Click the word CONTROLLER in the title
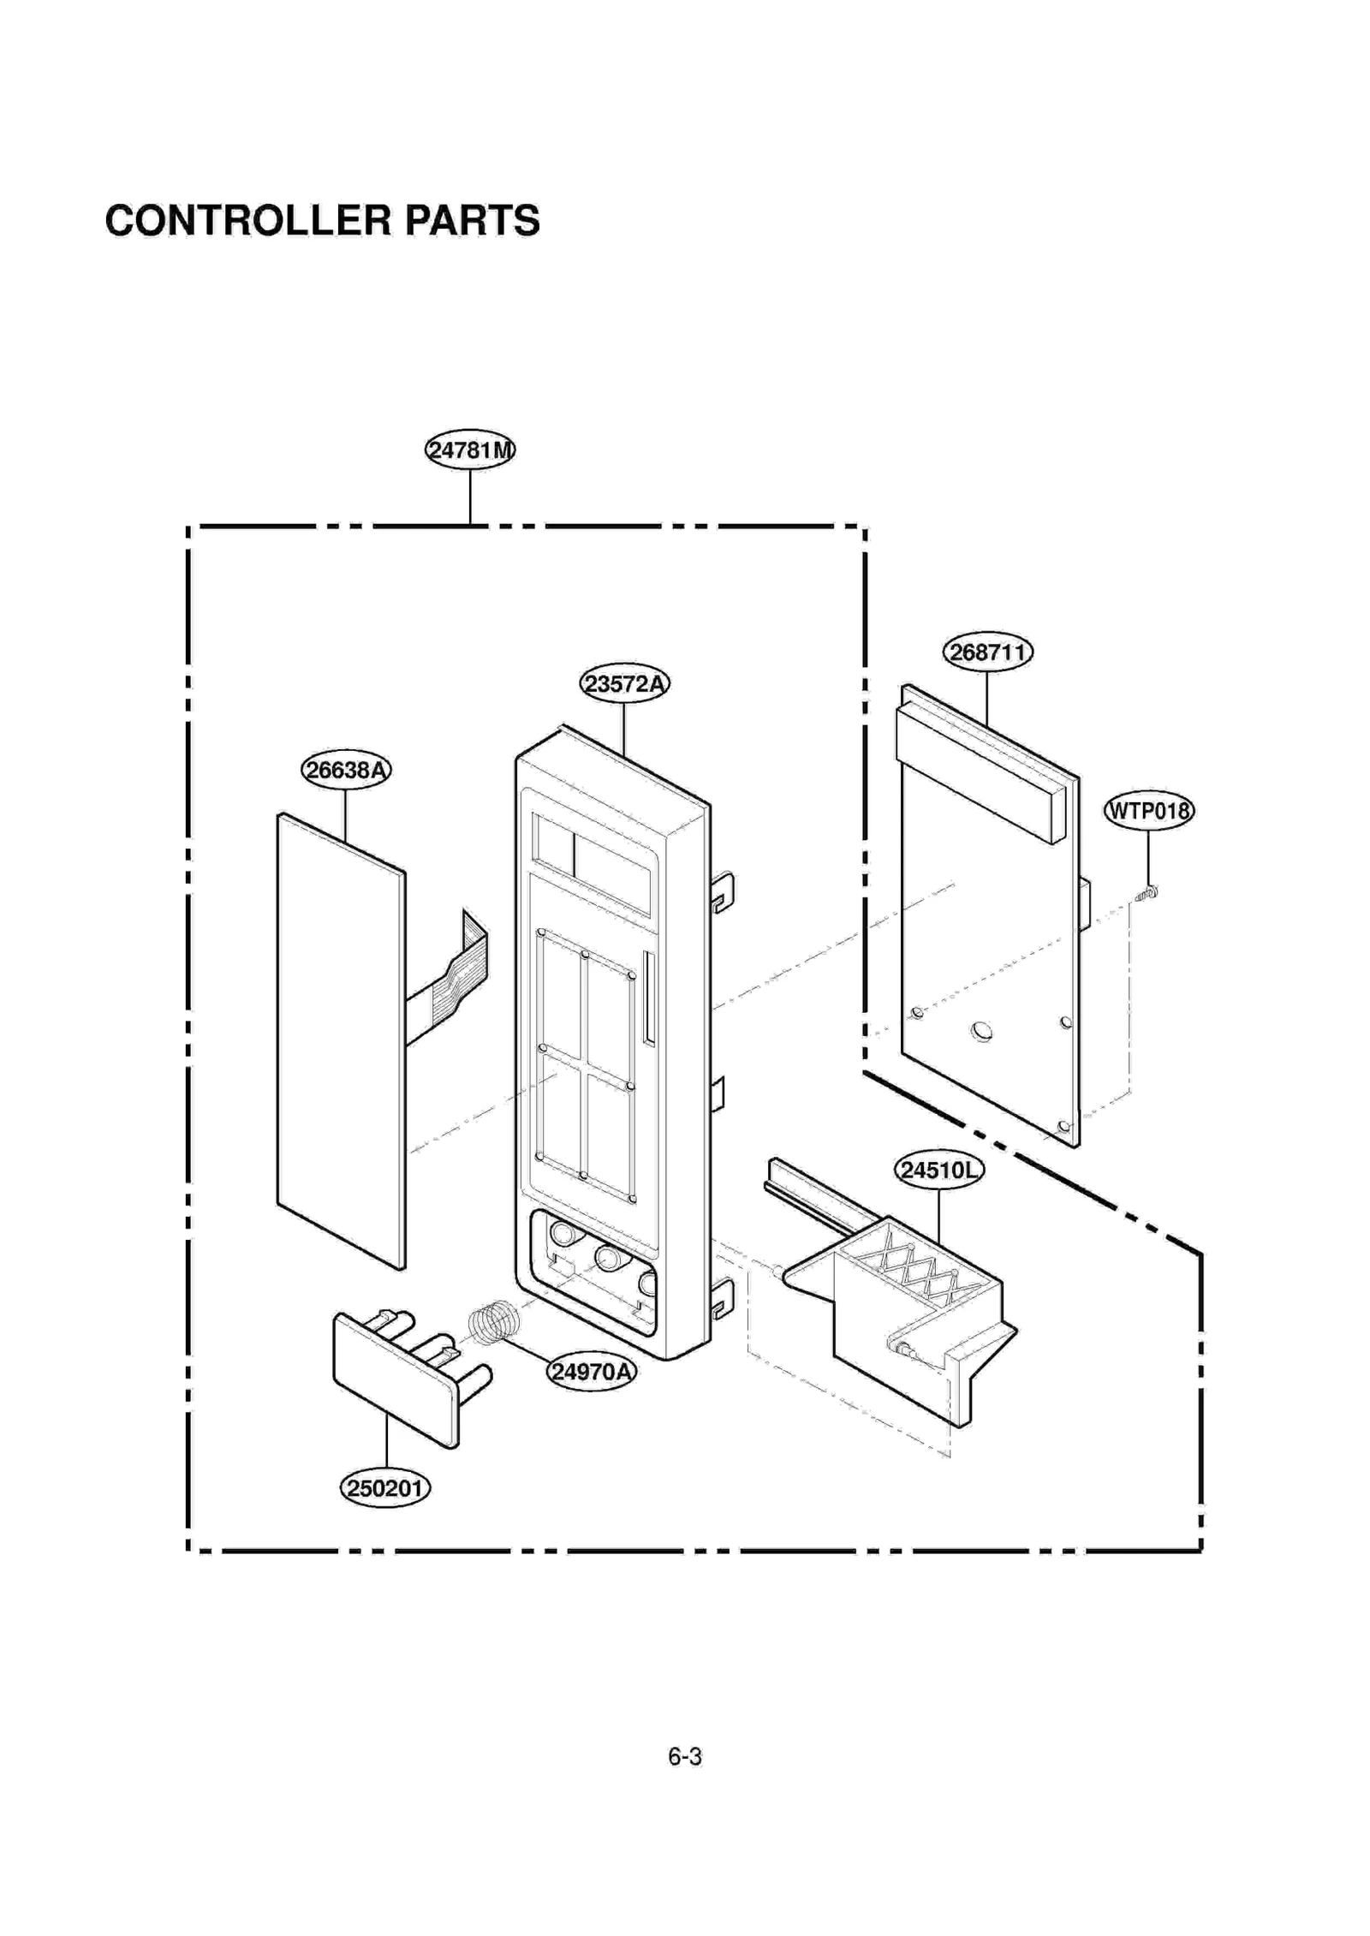click(247, 220)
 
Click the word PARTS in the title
click(472, 220)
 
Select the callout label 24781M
click(470, 450)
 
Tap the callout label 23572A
click(624, 683)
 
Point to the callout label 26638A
click(346, 770)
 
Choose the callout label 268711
click(987, 652)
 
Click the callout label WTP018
click(1148, 810)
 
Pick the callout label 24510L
click(938, 1170)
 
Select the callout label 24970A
click(592, 1371)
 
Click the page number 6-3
click(685, 1755)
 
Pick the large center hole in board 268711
click(982, 1031)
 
